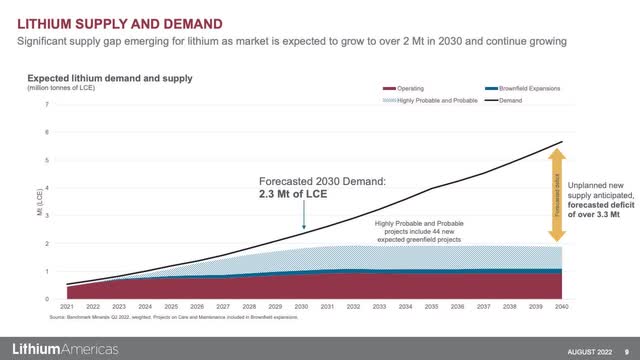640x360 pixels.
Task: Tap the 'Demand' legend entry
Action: [506, 100]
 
